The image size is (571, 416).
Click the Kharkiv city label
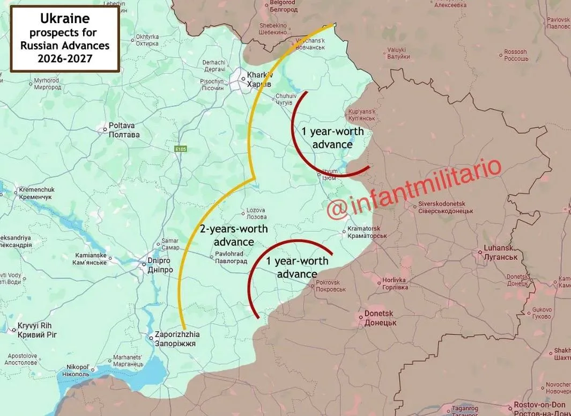(x=259, y=80)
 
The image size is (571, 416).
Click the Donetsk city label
(x=380, y=318)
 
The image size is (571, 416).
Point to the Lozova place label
(x=256, y=213)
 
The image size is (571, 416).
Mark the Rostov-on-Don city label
(x=539, y=408)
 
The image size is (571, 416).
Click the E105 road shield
(x=180, y=149)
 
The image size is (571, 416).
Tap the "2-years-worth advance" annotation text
(x=234, y=235)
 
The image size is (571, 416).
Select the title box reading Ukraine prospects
(x=65, y=38)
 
